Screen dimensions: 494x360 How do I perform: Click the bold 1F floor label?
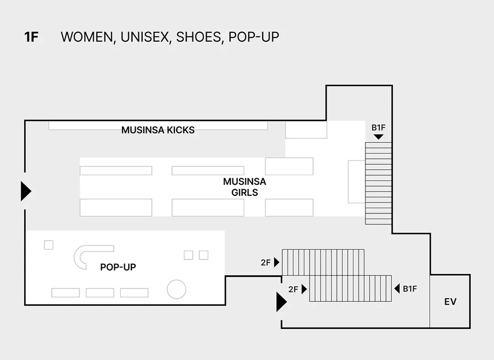(x=31, y=37)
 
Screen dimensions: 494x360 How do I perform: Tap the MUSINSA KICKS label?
(x=158, y=130)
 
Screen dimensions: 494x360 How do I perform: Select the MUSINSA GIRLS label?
(x=244, y=187)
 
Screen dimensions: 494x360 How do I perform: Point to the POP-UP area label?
(x=118, y=267)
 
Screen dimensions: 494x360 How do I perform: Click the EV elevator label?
(x=450, y=302)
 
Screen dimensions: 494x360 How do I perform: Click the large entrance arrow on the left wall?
(x=26, y=191)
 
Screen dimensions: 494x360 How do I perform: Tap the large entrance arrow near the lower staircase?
(x=282, y=302)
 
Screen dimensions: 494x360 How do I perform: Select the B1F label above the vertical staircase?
(x=378, y=128)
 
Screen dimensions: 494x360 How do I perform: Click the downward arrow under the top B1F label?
(x=378, y=137)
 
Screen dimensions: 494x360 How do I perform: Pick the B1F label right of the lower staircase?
(x=409, y=289)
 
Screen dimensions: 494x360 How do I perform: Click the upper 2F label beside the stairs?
(x=266, y=263)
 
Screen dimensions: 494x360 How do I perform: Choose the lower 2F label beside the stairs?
(x=293, y=289)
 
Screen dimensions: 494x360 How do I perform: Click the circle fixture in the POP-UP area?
(x=177, y=289)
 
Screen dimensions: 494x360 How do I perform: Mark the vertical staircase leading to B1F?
(x=378, y=183)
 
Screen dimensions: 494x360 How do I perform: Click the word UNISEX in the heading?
(x=145, y=37)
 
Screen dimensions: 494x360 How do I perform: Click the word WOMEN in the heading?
(x=87, y=37)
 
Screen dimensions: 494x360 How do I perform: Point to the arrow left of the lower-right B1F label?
(x=397, y=289)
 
